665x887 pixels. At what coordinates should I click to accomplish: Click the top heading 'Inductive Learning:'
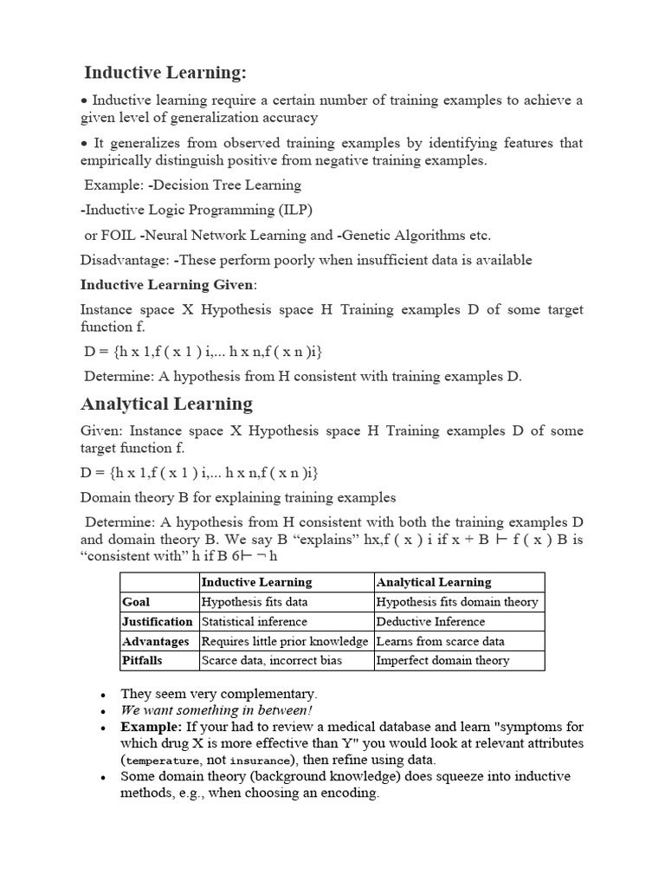(165, 71)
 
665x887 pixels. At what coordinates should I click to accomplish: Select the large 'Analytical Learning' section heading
(166, 404)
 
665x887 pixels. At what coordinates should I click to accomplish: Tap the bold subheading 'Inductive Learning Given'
(168, 284)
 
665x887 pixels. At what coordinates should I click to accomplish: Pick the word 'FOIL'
(119, 235)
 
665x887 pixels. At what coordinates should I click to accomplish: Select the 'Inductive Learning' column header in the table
(256, 582)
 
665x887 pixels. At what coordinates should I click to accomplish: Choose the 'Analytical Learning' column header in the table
(433, 582)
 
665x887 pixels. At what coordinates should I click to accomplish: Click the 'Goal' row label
(136, 602)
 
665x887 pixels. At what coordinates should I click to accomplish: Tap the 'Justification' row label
(158, 622)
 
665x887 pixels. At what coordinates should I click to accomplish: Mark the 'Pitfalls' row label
(142, 661)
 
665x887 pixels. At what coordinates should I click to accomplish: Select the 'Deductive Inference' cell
(430, 622)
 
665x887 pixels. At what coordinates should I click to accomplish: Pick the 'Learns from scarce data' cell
(440, 642)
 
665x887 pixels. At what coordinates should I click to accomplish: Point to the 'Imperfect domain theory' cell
(442, 661)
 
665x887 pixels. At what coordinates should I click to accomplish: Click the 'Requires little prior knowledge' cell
(285, 642)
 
